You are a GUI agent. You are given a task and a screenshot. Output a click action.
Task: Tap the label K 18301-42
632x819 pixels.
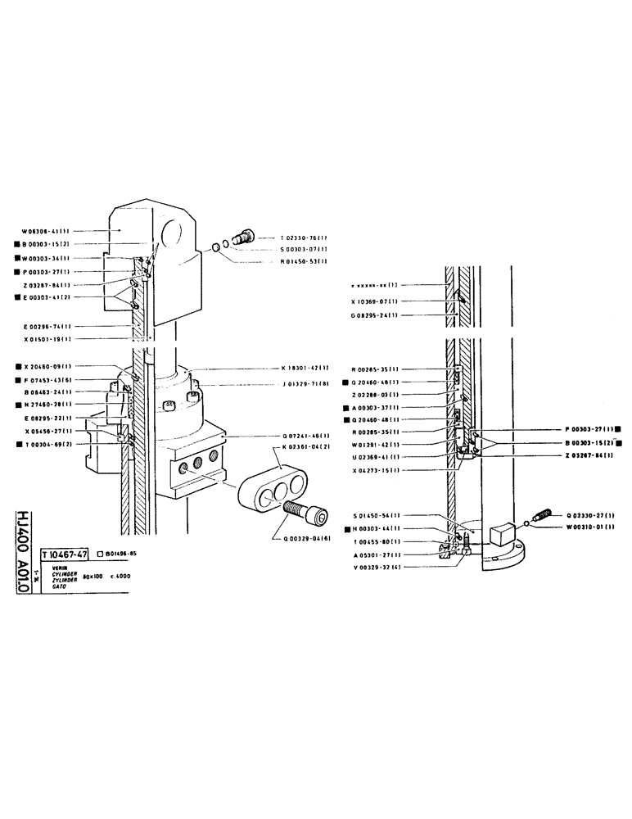click(306, 369)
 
